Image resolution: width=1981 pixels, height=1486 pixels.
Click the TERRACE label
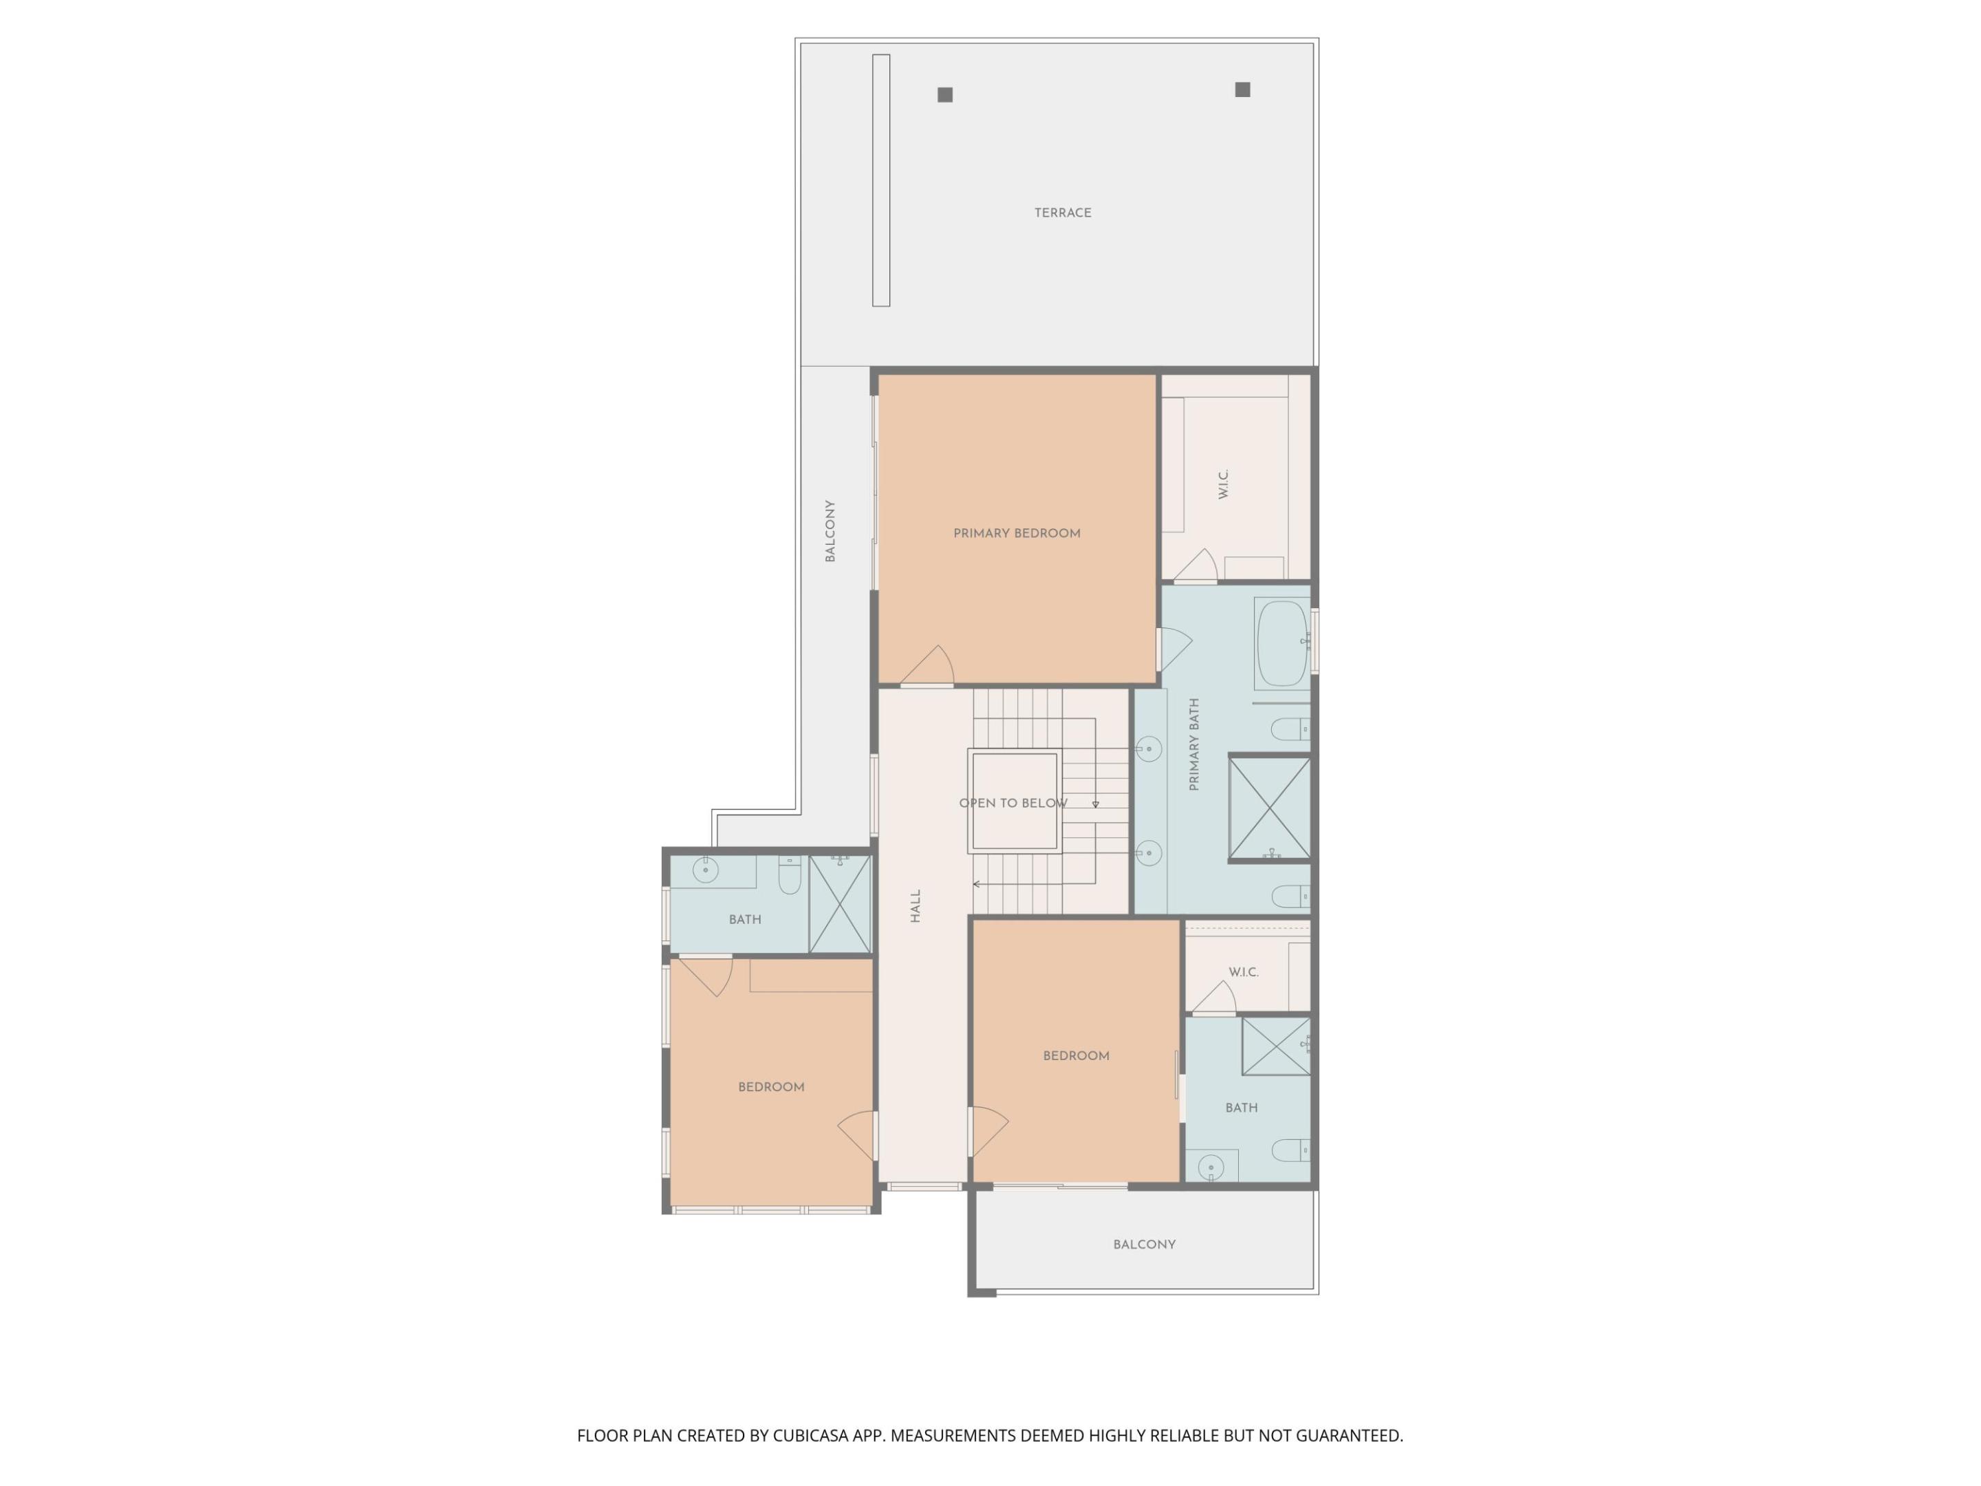click(1062, 213)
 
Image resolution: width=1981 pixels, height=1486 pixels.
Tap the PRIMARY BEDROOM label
click(1017, 533)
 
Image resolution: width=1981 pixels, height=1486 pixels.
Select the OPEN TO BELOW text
click(1013, 804)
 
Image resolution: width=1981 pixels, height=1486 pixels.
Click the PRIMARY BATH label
click(1194, 744)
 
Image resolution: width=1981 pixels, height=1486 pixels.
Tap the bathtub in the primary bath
click(1281, 643)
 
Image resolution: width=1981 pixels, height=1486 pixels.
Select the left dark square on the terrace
click(945, 95)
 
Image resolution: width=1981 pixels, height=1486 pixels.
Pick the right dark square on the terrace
click(1242, 89)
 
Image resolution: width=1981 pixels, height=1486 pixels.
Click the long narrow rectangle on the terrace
click(881, 180)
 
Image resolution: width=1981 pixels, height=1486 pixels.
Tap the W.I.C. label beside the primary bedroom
click(1224, 484)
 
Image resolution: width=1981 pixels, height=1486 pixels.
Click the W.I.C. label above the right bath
click(1243, 972)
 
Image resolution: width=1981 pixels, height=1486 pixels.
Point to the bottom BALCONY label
click(1144, 1244)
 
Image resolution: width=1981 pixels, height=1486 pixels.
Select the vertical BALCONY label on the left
click(830, 531)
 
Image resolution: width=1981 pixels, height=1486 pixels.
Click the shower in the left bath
click(840, 904)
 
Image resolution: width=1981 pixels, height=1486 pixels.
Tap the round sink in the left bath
click(706, 870)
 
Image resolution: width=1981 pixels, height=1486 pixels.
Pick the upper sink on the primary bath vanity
click(1149, 749)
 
